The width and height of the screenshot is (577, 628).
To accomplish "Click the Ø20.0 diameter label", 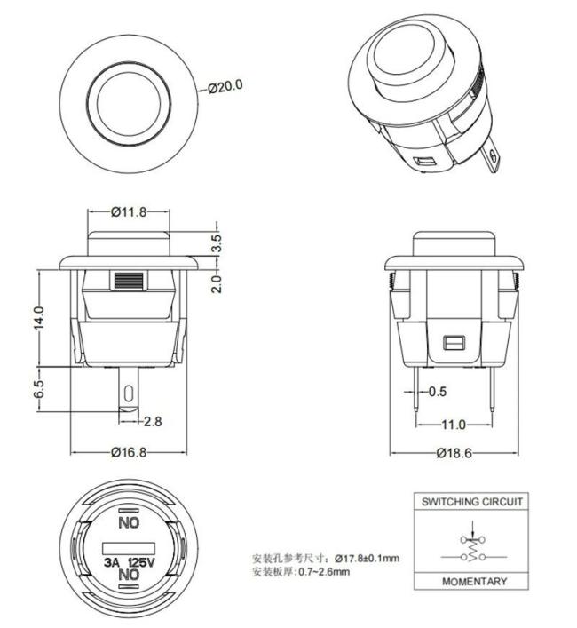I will [225, 86].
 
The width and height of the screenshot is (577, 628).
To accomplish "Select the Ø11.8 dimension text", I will [129, 211].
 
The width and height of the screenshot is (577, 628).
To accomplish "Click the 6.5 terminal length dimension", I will [38, 389].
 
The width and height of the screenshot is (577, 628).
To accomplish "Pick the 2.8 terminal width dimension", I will [152, 421].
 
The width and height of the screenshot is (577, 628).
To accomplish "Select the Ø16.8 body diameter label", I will [129, 452].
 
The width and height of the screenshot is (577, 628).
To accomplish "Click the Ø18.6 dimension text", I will [454, 453].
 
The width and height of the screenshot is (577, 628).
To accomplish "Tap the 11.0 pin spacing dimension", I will [454, 425].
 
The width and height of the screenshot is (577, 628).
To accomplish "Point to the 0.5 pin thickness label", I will [438, 391].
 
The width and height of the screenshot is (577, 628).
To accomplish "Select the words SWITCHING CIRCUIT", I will [472, 502].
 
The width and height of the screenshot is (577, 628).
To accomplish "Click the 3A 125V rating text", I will [130, 562].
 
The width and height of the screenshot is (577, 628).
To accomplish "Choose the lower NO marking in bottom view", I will [130, 576].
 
